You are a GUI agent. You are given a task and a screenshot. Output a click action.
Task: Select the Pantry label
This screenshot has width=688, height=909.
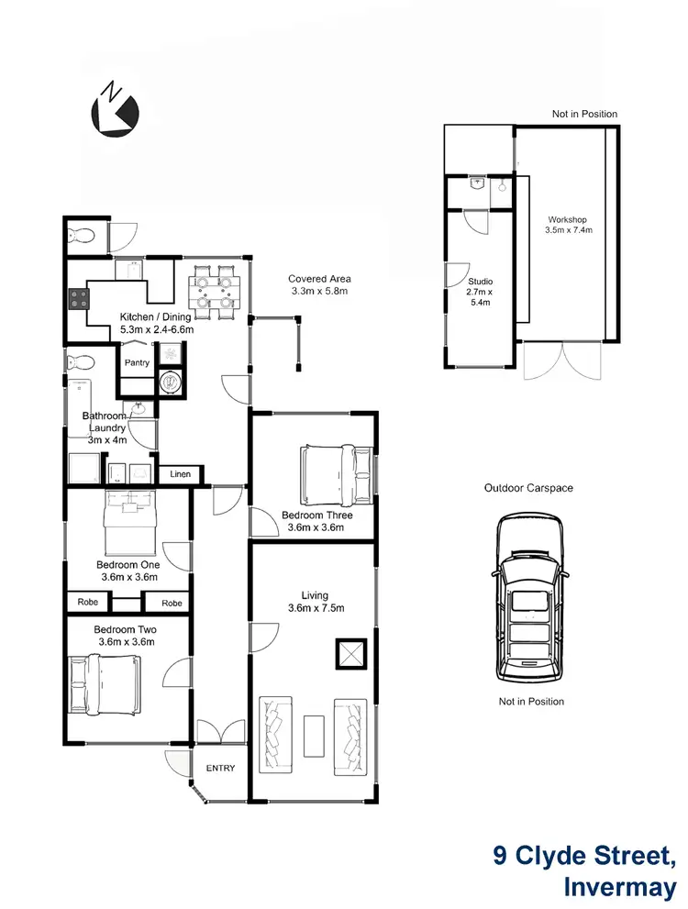coord(137,362)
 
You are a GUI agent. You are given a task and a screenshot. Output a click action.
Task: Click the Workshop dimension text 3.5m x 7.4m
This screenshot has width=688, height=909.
coord(568,230)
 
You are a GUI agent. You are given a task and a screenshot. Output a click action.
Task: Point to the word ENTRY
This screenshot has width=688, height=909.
coord(220,769)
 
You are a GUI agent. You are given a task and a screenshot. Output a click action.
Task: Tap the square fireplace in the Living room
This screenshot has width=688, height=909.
coord(347,653)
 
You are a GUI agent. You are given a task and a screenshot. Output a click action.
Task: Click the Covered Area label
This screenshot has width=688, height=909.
coord(319,279)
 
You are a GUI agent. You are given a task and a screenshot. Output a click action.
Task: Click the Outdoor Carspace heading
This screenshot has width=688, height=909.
coord(528,488)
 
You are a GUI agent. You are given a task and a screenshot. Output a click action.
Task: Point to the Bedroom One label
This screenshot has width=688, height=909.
coord(128,565)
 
